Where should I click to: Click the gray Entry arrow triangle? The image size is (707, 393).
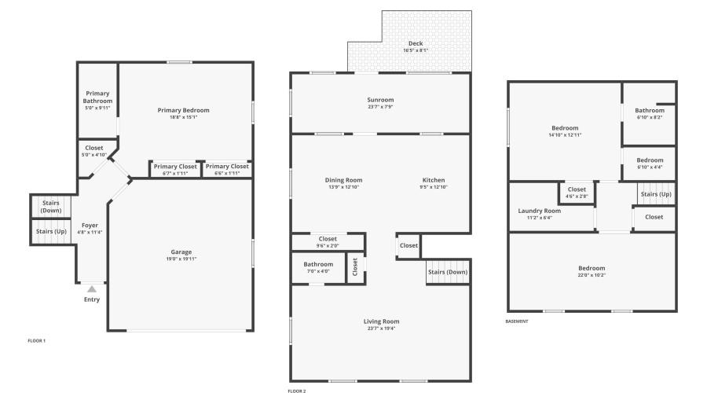click(x=92, y=289)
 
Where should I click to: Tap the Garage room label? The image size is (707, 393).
click(x=181, y=252)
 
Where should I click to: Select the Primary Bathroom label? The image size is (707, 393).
click(x=97, y=97)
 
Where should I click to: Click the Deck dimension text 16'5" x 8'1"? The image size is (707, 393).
click(x=416, y=50)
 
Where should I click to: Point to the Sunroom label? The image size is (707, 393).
click(x=380, y=100)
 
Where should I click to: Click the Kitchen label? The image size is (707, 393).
click(x=434, y=180)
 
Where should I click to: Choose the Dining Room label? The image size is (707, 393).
click(x=343, y=180)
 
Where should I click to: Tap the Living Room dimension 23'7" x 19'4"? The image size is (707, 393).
click(x=382, y=329)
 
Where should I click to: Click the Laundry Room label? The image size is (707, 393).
click(x=539, y=211)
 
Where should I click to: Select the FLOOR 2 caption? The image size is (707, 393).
click(x=297, y=391)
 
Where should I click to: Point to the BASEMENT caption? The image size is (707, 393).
click(x=517, y=321)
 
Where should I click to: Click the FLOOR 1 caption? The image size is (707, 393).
click(x=36, y=340)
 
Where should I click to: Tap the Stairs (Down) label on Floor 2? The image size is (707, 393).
click(x=448, y=272)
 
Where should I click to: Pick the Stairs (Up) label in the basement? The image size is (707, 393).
click(x=656, y=194)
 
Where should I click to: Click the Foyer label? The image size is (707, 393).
click(x=90, y=225)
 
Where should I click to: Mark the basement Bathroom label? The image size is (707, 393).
click(x=650, y=110)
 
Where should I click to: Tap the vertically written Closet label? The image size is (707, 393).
click(x=355, y=266)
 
